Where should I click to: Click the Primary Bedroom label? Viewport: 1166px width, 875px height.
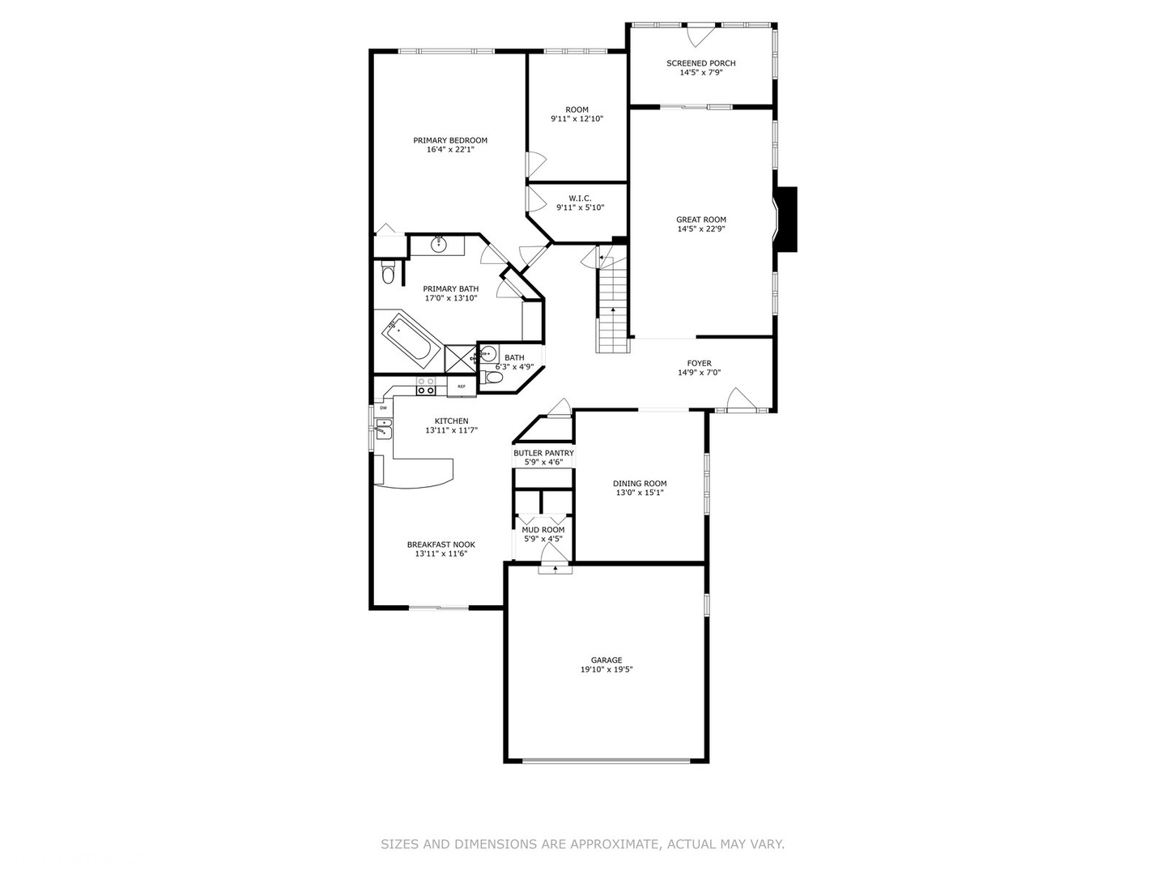[450, 140]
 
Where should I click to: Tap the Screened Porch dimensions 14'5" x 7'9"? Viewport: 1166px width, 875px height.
[700, 73]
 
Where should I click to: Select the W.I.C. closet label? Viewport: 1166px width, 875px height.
[580, 198]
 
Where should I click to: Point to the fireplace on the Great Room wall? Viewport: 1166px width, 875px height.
[785, 219]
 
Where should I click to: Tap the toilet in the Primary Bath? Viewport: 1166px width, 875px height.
[387, 273]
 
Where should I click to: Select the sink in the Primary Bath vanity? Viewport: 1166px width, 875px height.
[439, 244]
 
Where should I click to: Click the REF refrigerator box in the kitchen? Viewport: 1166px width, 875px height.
[462, 386]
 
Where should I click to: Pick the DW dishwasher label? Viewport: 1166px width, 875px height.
[383, 408]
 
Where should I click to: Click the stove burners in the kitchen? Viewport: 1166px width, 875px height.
[426, 386]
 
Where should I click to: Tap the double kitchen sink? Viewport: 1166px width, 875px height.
[384, 429]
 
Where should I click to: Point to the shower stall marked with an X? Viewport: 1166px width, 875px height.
[460, 356]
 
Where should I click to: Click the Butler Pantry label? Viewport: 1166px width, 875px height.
[543, 453]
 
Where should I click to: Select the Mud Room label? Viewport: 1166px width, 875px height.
[543, 530]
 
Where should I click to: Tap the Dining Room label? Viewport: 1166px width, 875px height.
[640, 484]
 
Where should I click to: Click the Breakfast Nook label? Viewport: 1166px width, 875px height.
[440, 544]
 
